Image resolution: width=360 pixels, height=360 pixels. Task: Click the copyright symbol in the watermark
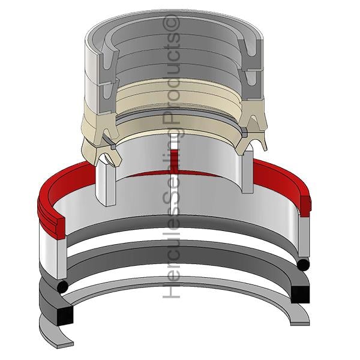pos(171,23)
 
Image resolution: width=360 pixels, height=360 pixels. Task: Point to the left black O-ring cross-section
pos(62,287)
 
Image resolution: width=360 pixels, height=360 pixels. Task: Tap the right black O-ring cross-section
pos(303,265)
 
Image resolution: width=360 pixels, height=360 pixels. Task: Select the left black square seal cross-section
pos(65,316)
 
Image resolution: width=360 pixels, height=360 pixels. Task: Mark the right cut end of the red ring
pos(305,206)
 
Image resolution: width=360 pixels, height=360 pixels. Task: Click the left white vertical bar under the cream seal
pos(106,181)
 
